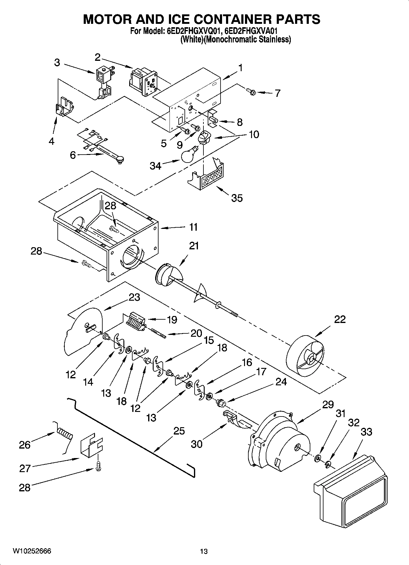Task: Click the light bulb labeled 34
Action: coord(189,155)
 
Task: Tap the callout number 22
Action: coord(340,319)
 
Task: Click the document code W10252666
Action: coord(32,551)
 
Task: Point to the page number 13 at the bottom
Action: coord(204,551)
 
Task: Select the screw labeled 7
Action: coord(250,90)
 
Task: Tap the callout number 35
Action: coord(237,198)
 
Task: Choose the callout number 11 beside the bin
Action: coord(193,227)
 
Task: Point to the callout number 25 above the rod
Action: coord(179,431)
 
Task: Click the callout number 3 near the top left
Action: coord(57,63)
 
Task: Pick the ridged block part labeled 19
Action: coord(134,321)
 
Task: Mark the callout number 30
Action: coord(197,444)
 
